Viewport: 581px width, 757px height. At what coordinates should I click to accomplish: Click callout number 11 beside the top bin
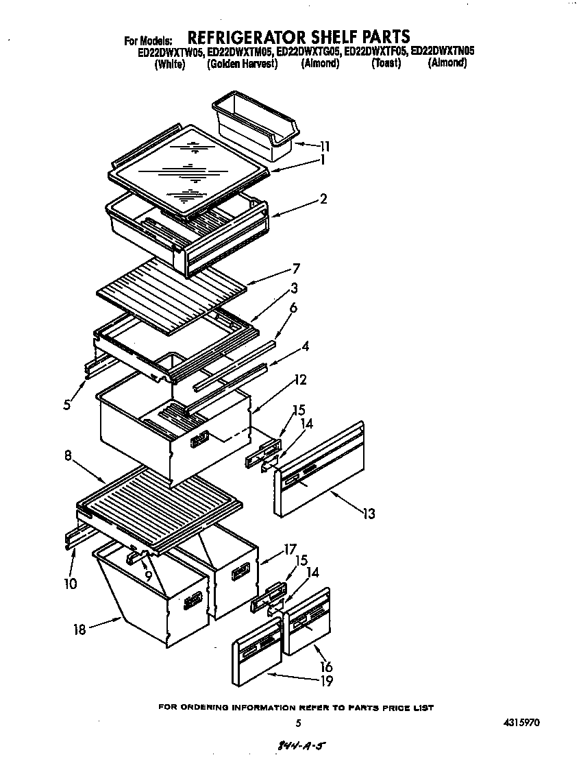point(324,145)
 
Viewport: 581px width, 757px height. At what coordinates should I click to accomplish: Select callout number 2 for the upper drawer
point(323,200)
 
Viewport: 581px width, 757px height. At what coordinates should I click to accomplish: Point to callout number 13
point(369,514)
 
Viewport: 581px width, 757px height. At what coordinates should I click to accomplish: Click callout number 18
point(80,629)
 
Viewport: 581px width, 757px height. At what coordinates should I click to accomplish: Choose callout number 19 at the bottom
point(326,681)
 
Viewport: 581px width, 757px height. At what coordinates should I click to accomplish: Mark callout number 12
point(300,379)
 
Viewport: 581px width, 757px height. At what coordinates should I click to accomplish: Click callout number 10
point(71,584)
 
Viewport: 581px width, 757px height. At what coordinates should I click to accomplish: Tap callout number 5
point(66,405)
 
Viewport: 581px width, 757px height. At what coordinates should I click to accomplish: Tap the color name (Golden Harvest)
point(242,64)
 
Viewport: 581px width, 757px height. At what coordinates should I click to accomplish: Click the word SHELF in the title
point(303,36)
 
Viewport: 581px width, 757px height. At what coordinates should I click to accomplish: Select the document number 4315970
point(526,722)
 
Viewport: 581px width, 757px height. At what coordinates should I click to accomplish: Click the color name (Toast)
point(386,64)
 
